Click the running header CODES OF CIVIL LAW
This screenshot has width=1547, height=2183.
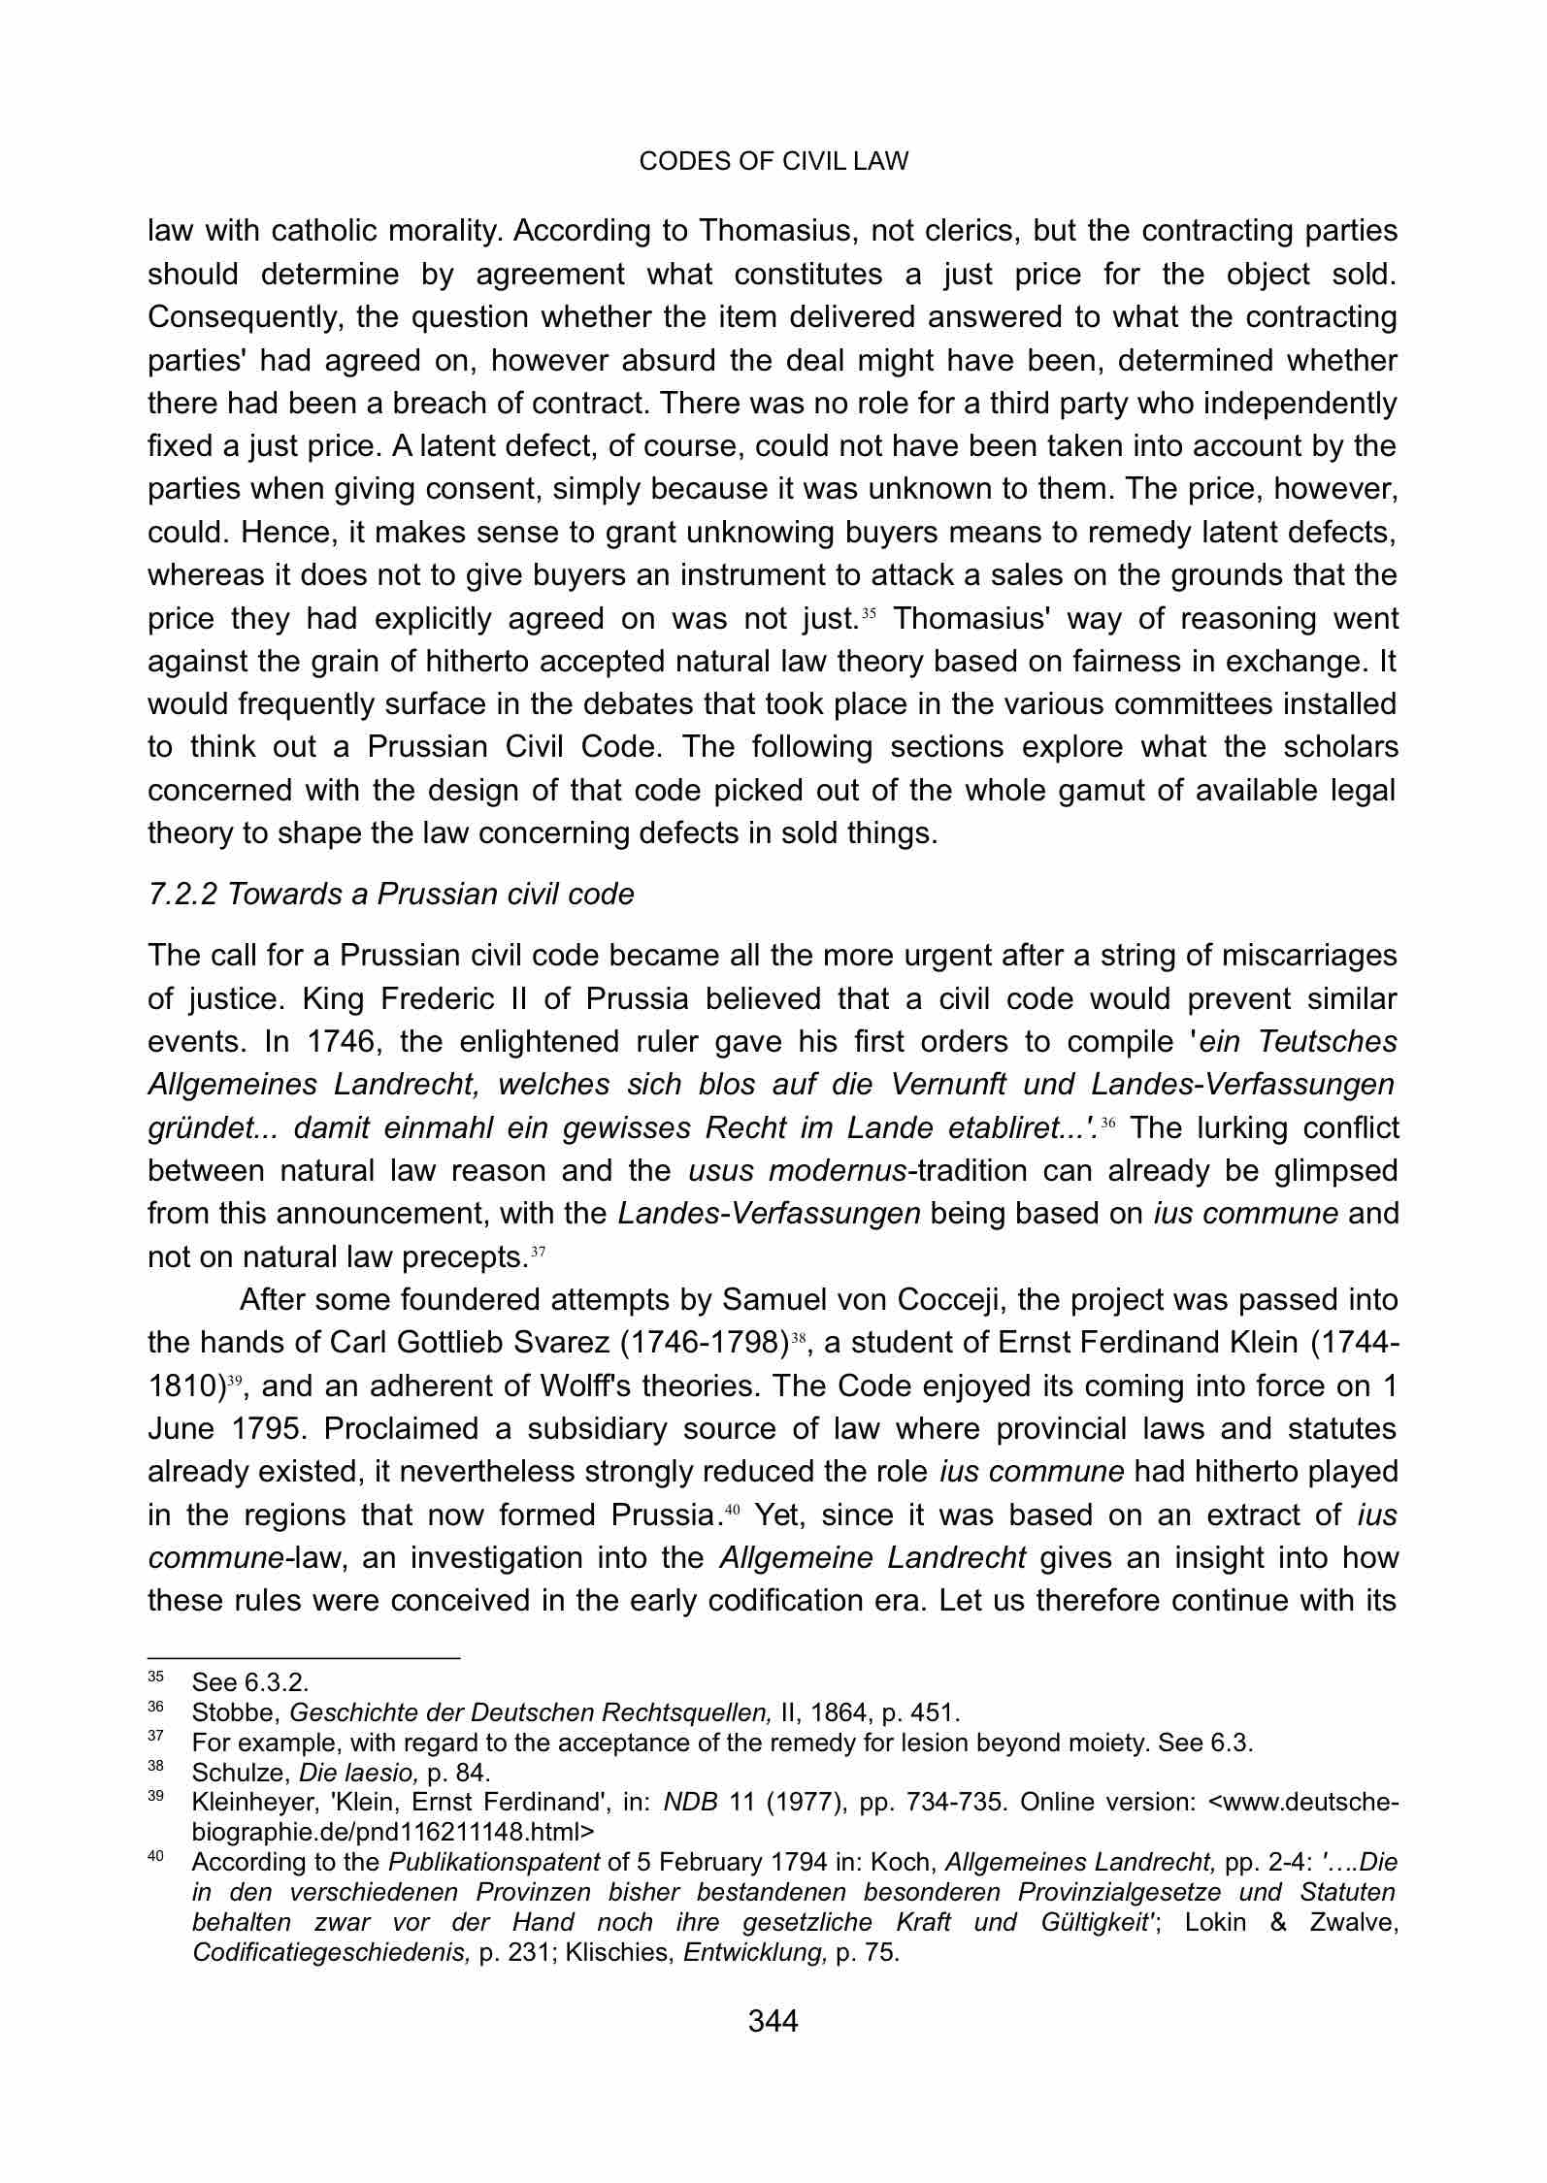(773, 161)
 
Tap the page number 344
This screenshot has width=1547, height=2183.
(773, 2021)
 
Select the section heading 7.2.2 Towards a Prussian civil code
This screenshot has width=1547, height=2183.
(390, 894)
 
